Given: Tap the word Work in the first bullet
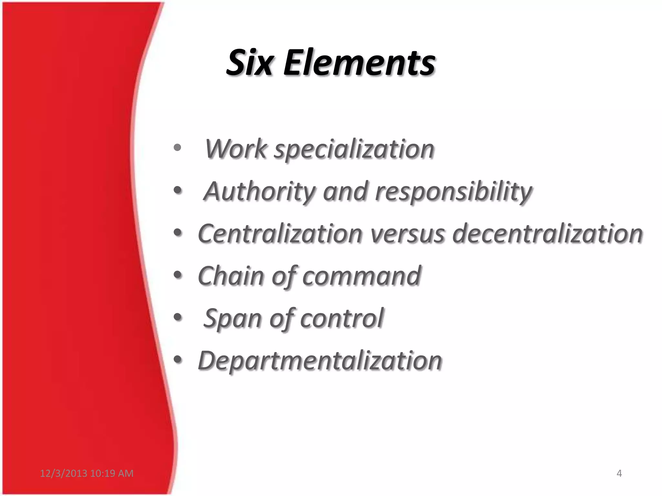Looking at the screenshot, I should click(x=236, y=149).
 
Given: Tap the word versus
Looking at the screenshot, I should click(x=407, y=234).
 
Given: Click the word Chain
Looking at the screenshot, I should click(x=231, y=276).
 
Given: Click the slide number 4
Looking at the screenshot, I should click(x=619, y=473).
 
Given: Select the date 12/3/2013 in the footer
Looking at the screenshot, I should click(x=63, y=473).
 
